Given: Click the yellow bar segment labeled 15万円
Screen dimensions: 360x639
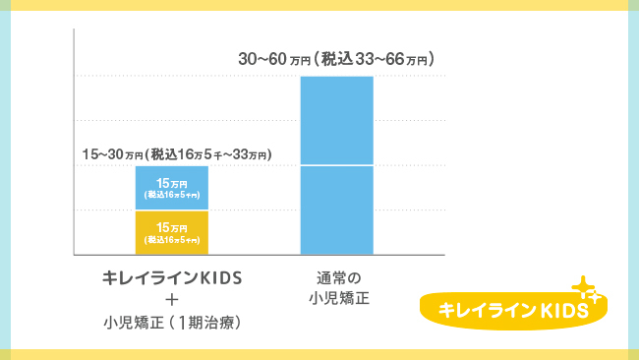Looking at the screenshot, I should click(x=172, y=233).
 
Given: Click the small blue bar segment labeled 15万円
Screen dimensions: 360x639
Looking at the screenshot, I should click(x=172, y=188).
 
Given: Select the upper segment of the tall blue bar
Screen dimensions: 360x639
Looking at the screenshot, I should click(x=336, y=120).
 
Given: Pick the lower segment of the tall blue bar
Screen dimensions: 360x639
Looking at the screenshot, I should click(x=336, y=210).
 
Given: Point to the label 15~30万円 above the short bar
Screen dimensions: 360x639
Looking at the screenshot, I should click(x=111, y=154).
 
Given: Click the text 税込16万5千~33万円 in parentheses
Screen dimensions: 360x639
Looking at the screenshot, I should click(x=208, y=154).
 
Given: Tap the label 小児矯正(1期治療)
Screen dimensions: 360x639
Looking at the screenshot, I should click(x=172, y=321).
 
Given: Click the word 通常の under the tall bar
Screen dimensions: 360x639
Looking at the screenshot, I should click(x=335, y=275).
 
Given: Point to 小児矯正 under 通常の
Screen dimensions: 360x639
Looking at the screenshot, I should click(x=335, y=296).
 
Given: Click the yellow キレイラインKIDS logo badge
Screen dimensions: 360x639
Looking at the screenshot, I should click(x=512, y=308).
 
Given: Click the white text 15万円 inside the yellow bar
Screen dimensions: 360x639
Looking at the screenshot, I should click(x=172, y=228).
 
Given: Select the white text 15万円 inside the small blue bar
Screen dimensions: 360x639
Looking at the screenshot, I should click(x=172, y=183).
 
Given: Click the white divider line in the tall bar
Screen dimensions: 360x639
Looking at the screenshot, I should click(x=336, y=165).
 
